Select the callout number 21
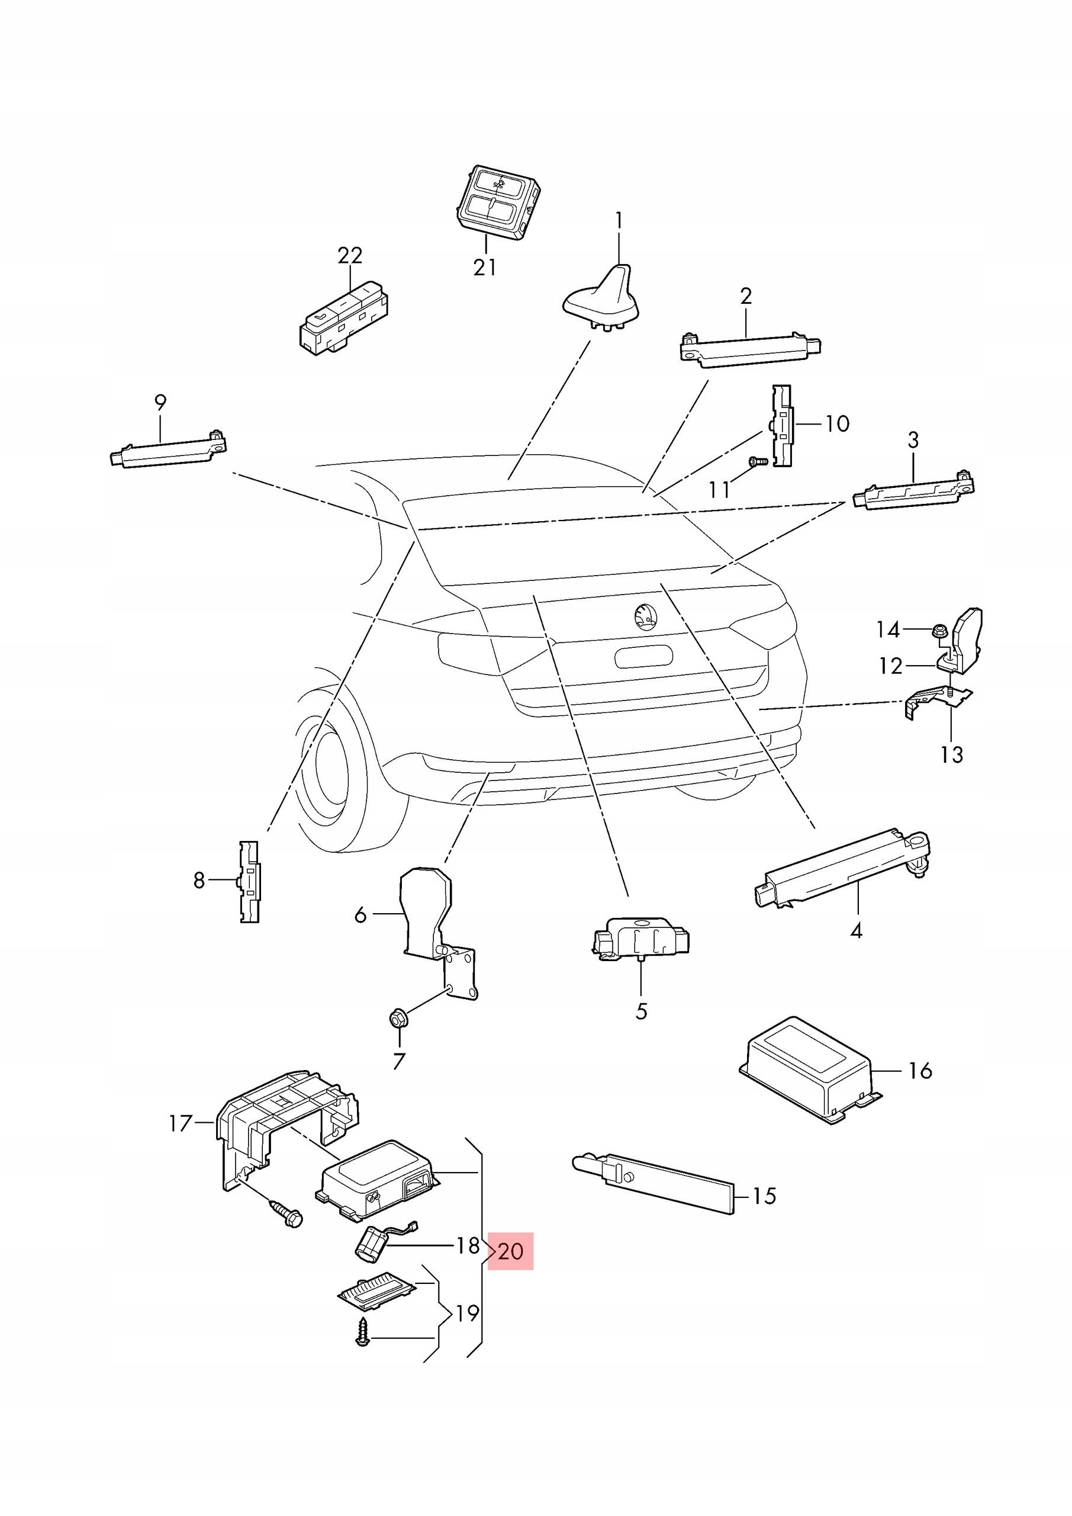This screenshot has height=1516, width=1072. click(485, 268)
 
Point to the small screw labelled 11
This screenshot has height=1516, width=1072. click(757, 461)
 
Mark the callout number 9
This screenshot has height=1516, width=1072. click(160, 402)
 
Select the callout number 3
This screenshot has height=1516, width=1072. click(913, 440)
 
